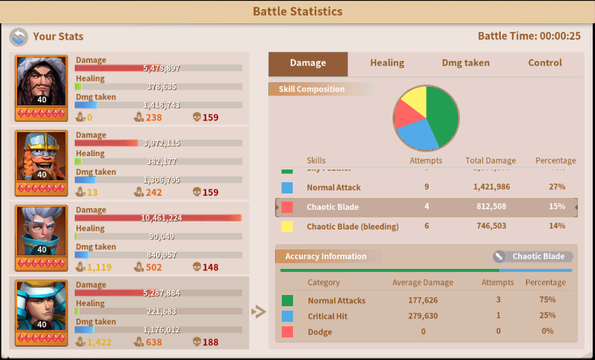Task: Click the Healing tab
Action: click(x=386, y=63)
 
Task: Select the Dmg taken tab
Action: click(x=466, y=63)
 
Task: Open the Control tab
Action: click(x=545, y=63)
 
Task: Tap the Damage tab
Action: click(x=308, y=63)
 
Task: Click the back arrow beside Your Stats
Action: click(x=19, y=37)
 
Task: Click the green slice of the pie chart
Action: click(x=443, y=116)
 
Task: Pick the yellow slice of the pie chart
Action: click(x=414, y=99)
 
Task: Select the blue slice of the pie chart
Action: click(x=416, y=135)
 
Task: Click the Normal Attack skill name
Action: click(x=333, y=187)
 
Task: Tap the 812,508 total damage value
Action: click(x=489, y=207)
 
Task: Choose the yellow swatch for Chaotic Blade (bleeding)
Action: click(x=287, y=226)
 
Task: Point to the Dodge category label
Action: click(x=320, y=332)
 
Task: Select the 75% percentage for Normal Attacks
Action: click(x=547, y=300)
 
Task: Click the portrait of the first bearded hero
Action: click(x=42, y=81)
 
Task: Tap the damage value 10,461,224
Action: click(x=161, y=218)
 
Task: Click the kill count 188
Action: click(x=210, y=342)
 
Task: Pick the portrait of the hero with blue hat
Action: click(x=42, y=305)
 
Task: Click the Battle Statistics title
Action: click(x=297, y=12)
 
